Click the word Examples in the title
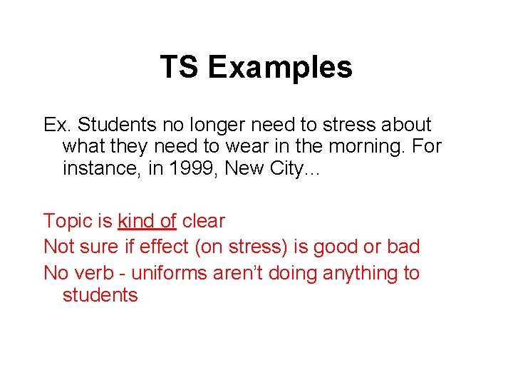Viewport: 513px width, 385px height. (x=280, y=67)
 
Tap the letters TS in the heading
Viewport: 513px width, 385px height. (x=180, y=67)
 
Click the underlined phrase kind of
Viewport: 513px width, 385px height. (x=147, y=221)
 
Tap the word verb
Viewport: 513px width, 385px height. (x=94, y=273)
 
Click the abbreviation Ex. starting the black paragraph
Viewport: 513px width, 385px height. (x=57, y=125)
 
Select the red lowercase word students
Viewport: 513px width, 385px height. (x=100, y=294)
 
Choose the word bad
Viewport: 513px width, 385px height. (x=403, y=247)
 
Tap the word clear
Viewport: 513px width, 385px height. (x=204, y=221)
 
